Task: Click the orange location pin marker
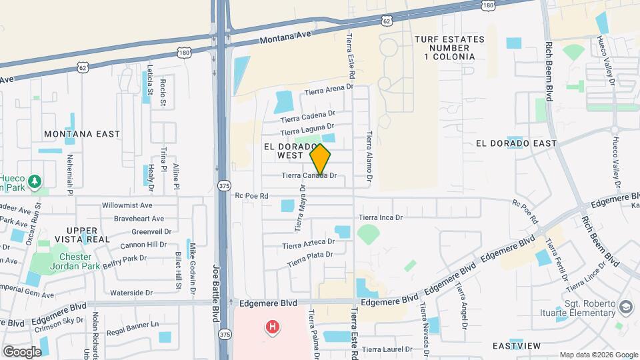click(320, 159)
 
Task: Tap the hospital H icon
click(272, 327)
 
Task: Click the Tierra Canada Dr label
click(309, 176)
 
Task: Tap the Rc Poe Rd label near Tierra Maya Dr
click(251, 196)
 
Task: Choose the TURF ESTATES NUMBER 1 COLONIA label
click(449, 48)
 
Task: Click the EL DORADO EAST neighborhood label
click(517, 143)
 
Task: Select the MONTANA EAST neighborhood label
click(82, 134)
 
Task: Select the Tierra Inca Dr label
click(381, 217)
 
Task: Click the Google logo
click(23, 351)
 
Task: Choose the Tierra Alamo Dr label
click(368, 157)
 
